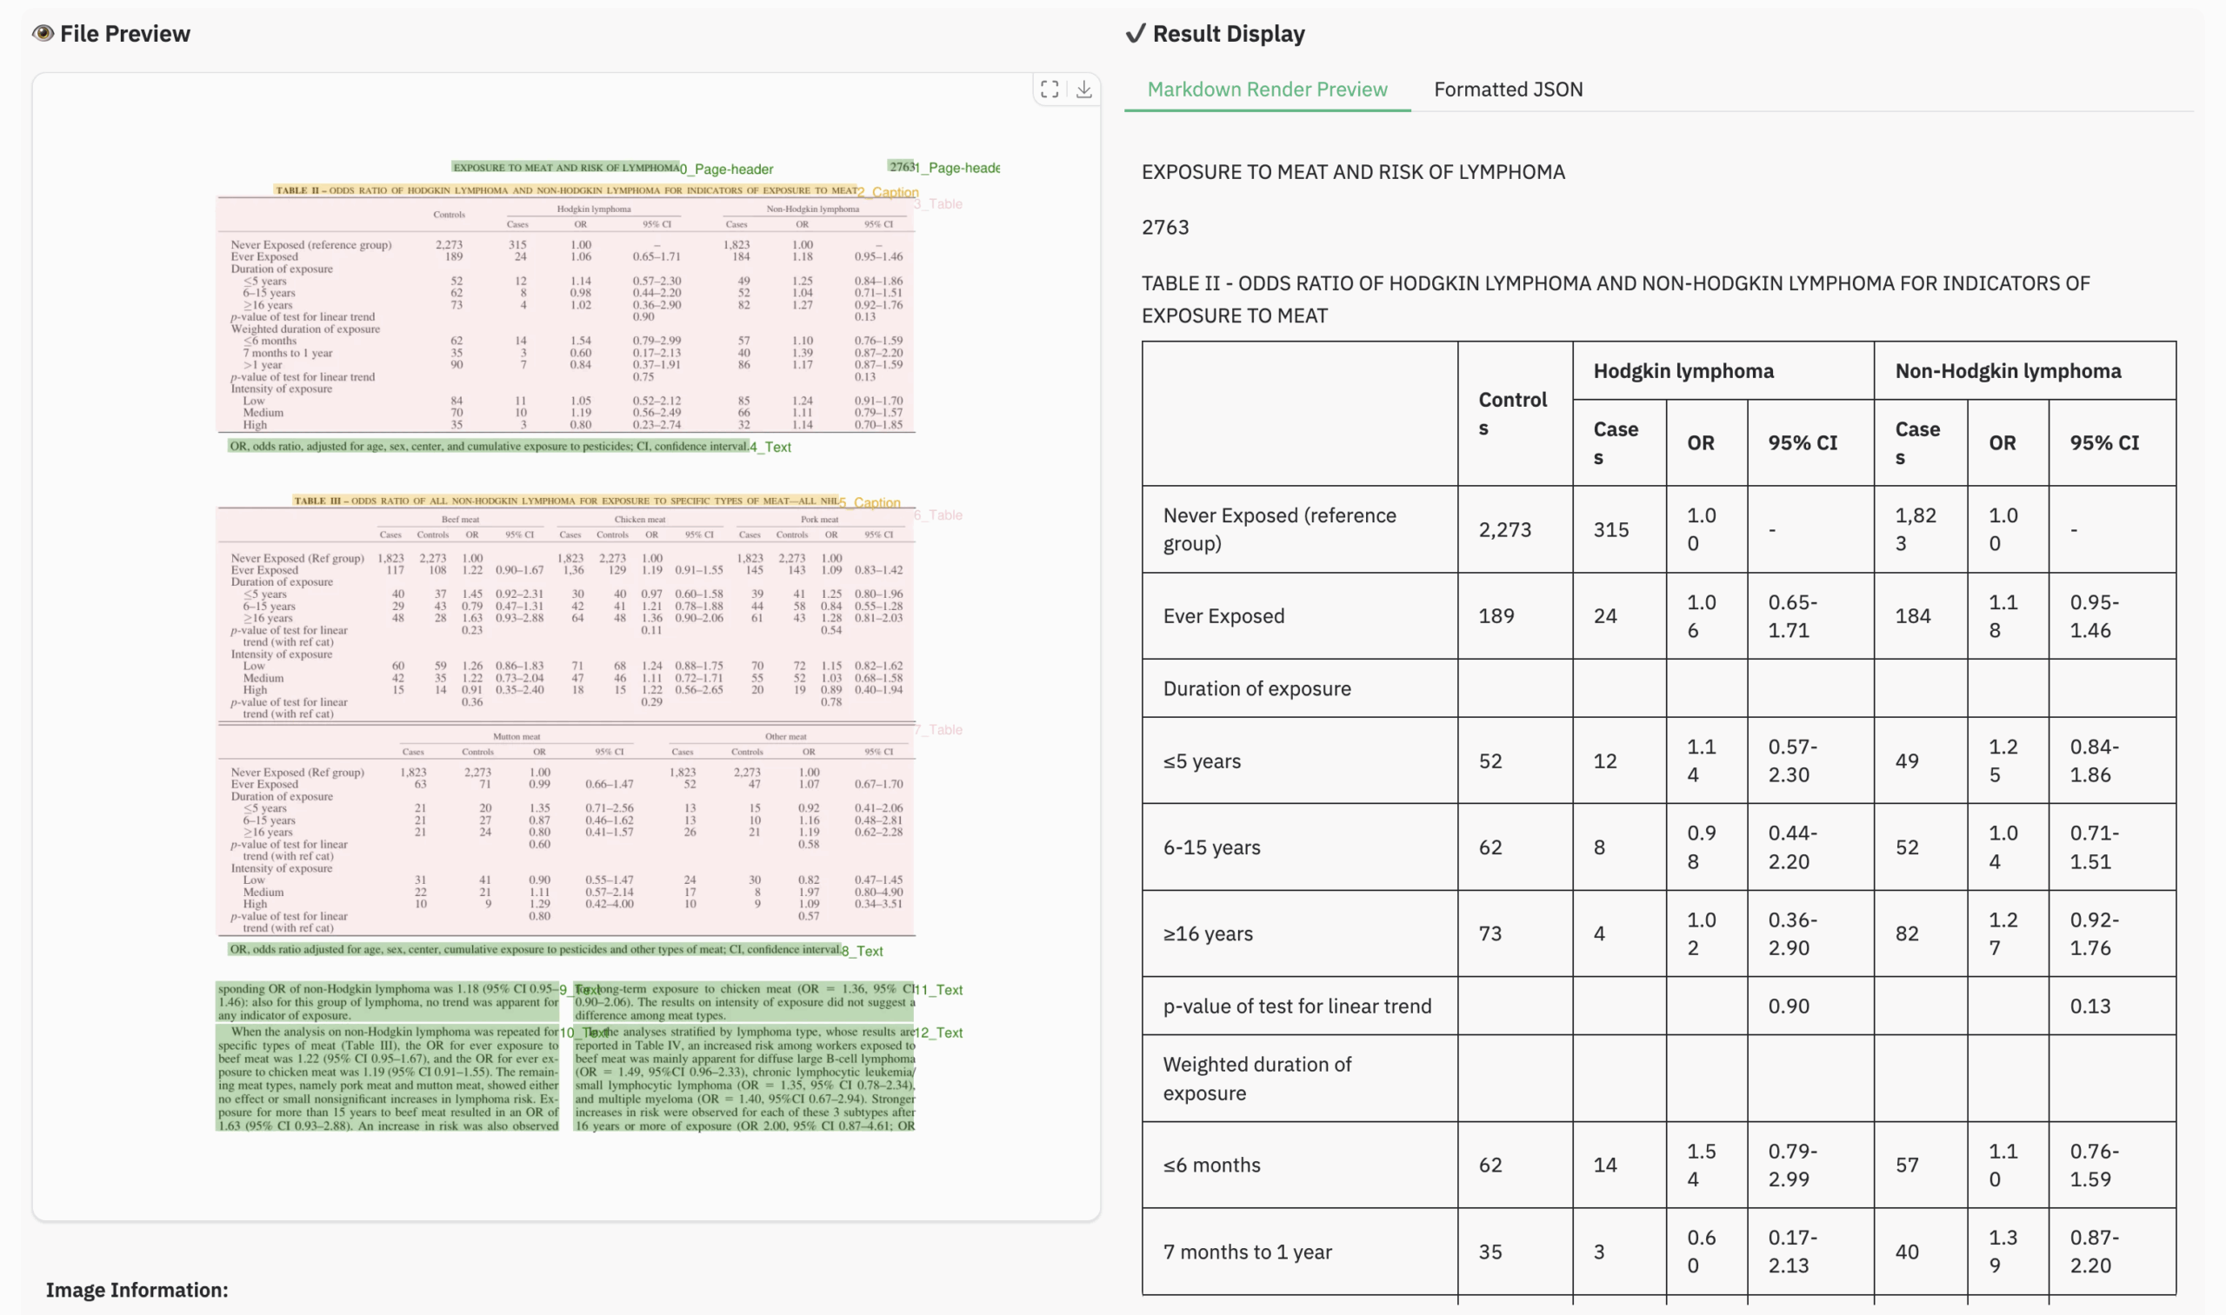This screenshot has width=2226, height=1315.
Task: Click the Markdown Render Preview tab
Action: point(1267,90)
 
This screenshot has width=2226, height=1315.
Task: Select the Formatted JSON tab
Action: point(1508,90)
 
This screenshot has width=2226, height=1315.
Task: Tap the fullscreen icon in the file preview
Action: point(1050,90)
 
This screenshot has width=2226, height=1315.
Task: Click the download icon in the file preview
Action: point(1084,90)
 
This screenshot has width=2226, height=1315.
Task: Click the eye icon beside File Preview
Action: point(43,34)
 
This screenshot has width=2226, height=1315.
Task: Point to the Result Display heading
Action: point(1228,34)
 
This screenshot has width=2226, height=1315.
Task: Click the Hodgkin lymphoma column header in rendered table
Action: point(1683,371)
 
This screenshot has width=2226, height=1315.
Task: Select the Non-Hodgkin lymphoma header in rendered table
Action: point(2008,371)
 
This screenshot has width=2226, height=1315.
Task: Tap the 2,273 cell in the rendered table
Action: point(1504,530)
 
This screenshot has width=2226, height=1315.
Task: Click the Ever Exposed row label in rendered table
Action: point(1223,616)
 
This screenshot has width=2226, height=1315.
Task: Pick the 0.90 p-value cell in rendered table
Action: point(1788,1006)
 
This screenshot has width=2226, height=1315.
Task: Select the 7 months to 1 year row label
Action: point(1246,1252)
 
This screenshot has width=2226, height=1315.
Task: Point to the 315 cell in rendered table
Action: point(1610,530)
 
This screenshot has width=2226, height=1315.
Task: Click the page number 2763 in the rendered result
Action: point(1165,228)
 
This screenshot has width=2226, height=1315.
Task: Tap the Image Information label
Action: point(137,1290)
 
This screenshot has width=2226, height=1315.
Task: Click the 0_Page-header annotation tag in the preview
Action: point(726,169)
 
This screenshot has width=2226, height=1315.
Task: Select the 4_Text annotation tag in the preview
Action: point(770,448)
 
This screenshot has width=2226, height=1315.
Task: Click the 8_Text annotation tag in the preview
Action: point(863,952)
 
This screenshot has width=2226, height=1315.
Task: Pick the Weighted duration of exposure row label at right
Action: point(1257,1079)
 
